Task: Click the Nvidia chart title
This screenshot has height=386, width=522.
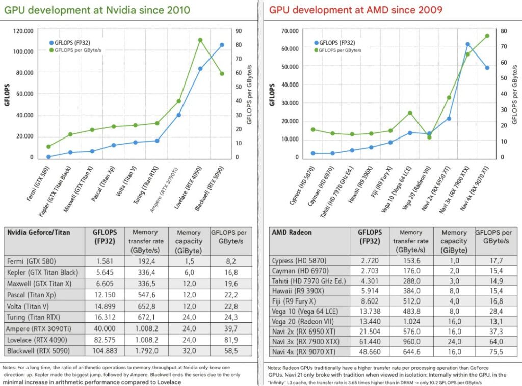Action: (x=97, y=10)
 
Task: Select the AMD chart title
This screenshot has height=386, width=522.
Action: (x=356, y=10)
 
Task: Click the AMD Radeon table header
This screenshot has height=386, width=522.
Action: (x=292, y=233)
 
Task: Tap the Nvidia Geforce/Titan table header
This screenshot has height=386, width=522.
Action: (x=39, y=232)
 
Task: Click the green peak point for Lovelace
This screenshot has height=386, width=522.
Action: (x=200, y=40)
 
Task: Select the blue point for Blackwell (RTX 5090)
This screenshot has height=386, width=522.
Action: (x=222, y=45)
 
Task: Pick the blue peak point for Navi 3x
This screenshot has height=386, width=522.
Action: (x=468, y=44)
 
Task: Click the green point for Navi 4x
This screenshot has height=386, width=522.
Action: (x=487, y=36)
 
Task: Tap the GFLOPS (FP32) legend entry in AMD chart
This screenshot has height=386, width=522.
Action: (x=336, y=43)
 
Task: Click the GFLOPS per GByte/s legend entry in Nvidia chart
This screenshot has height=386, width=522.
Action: (x=73, y=50)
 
